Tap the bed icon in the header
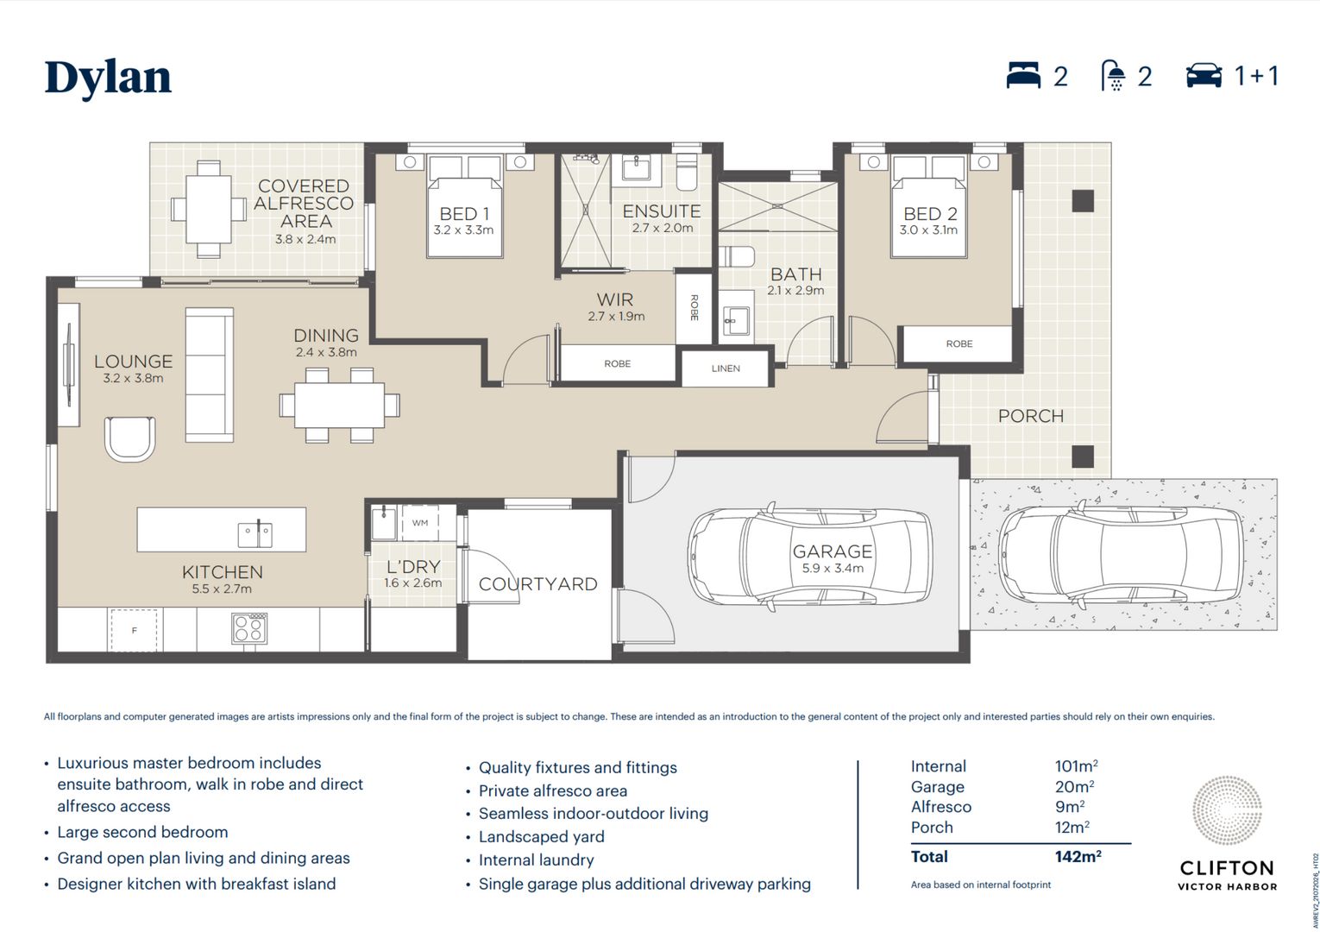1023,75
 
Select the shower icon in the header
1113,75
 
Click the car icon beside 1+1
1204,76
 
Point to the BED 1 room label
464,213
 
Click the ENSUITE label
662,211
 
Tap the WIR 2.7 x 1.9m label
616,307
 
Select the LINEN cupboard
726,368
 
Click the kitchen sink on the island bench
255,535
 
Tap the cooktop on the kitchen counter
249,628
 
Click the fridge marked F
135,630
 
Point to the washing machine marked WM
420,523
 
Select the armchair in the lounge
130,438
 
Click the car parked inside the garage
810,557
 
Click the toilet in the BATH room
737,256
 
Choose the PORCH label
1031,416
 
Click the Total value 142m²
1078,857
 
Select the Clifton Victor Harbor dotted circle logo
1227,810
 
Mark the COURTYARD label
538,584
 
